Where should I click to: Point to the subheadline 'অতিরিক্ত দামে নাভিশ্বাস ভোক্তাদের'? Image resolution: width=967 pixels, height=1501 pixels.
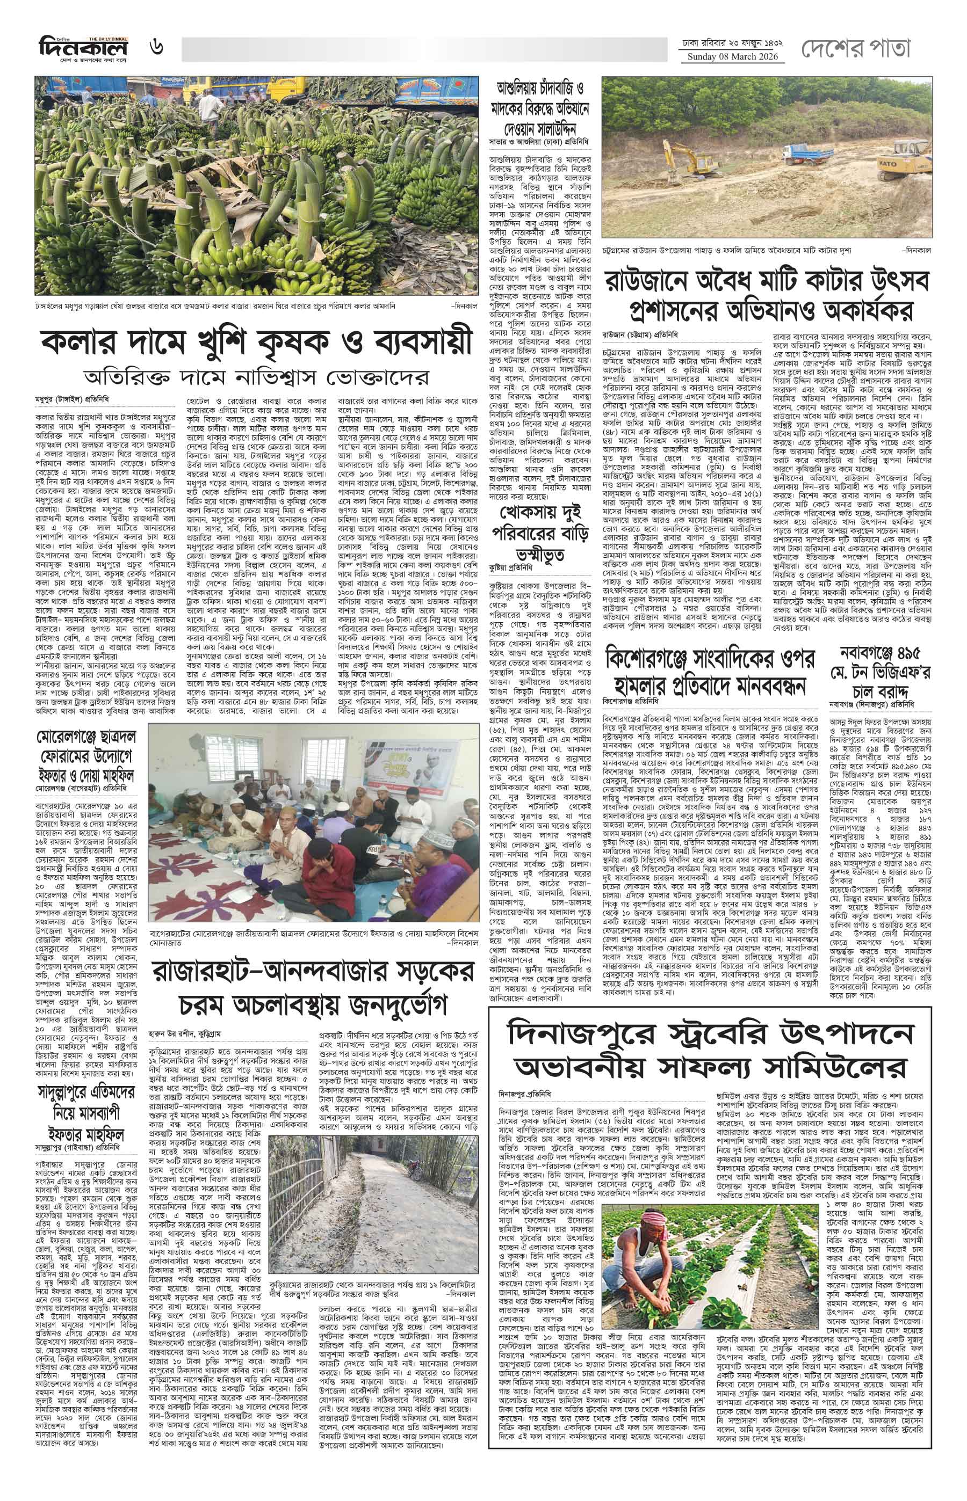click(256, 378)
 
